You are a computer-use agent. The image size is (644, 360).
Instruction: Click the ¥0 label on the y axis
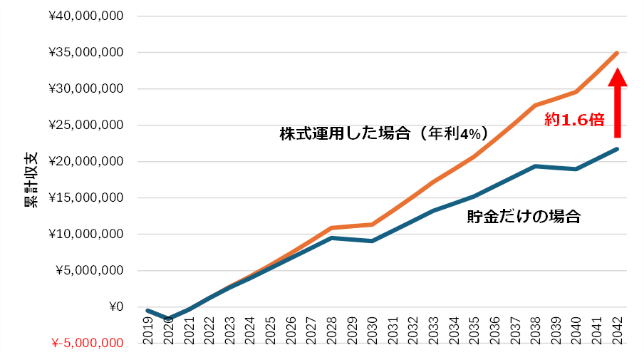pyautogui.click(x=114, y=307)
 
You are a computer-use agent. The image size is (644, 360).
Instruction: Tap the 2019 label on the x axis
pyautogui.click(x=148, y=329)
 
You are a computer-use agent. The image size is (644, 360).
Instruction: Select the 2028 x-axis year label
pyautogui.click(x=331, y=329)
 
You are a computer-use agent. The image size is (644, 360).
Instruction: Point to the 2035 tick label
pyautogui.click(x=474, y=329)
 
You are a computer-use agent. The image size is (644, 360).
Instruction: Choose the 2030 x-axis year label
pyautogui.click(x=372, y=329)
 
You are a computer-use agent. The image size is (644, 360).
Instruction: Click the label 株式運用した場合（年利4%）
pyautogui.click(x=383, y=133)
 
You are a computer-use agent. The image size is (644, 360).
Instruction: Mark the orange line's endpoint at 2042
pyautogui.click(x=616, y=53)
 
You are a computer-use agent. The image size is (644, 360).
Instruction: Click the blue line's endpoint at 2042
pyautogui.click(x=616, y=149)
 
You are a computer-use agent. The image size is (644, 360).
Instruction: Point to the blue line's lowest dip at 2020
pyautogui.click(x=168, y=319)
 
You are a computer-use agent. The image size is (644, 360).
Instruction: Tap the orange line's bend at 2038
pyautogui.click(x=535, y=106)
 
